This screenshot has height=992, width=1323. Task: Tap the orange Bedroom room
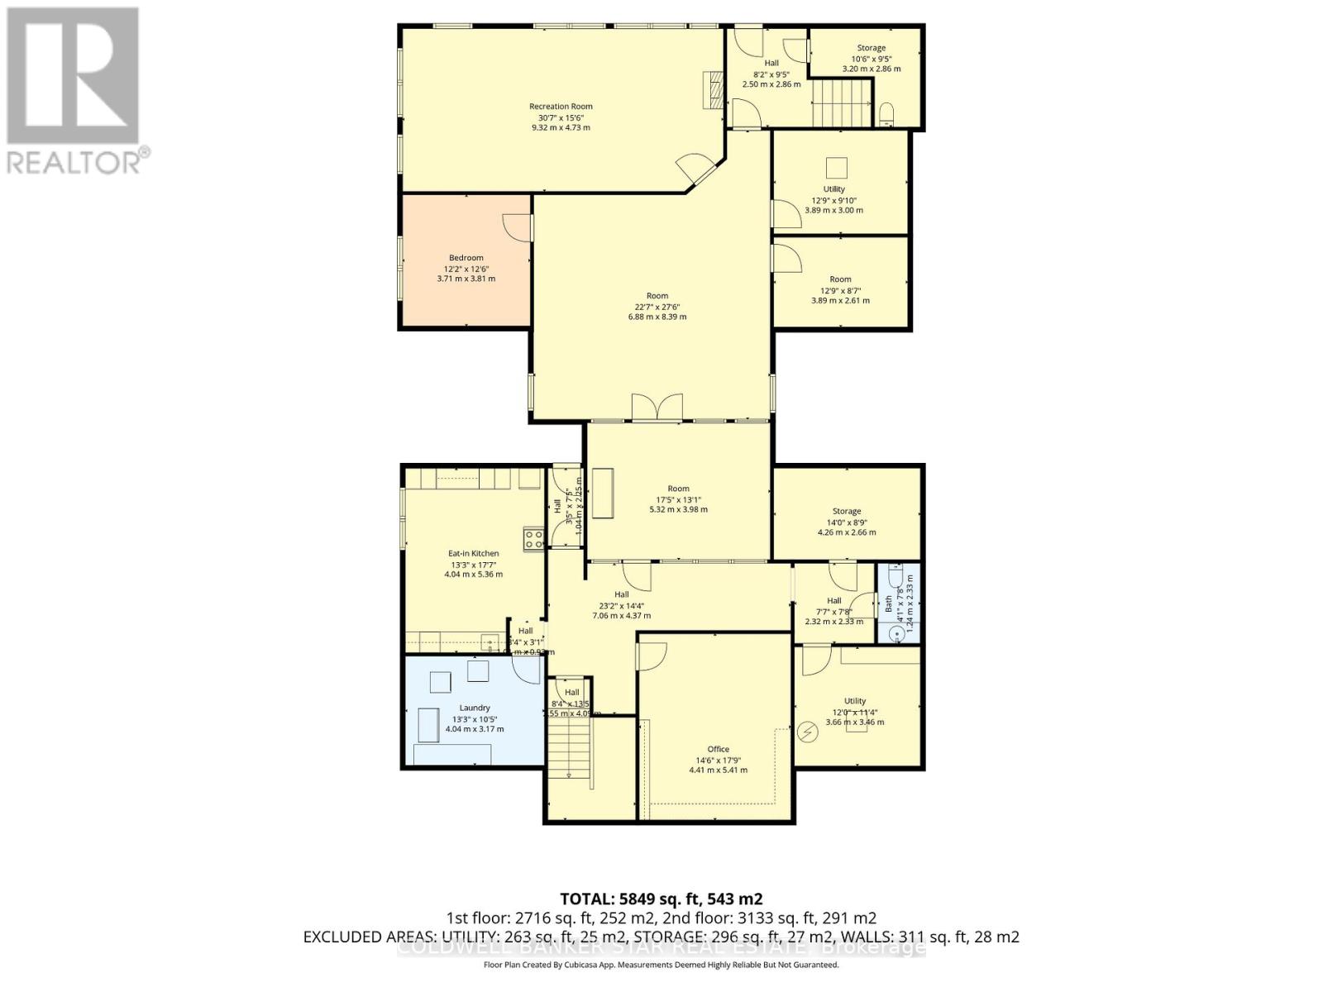[466, 281]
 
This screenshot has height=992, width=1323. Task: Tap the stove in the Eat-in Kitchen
[533, 540]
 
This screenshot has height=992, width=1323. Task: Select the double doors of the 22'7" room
[657, 408]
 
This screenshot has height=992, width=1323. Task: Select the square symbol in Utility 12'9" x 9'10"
[837, 168]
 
